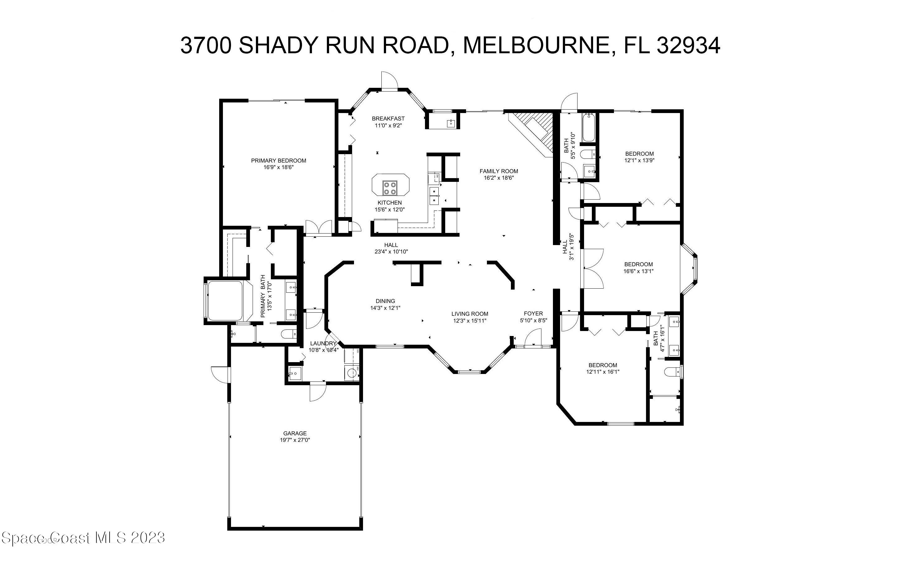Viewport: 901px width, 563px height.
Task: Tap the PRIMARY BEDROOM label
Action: coord(278,160)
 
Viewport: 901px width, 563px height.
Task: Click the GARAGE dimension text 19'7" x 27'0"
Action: coord(295,440)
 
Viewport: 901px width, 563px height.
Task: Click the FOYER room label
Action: coord(533,314)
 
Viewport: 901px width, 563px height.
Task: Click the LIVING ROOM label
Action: coord(470,314)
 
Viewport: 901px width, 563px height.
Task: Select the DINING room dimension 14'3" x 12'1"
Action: coord(385,308)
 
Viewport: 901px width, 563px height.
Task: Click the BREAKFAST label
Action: coord(388,118)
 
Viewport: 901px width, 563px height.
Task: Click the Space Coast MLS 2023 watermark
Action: coord(83,538)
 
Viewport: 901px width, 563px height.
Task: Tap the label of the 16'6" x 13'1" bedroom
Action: coord(638,264)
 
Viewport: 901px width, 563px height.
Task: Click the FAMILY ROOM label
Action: coord(498,171)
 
